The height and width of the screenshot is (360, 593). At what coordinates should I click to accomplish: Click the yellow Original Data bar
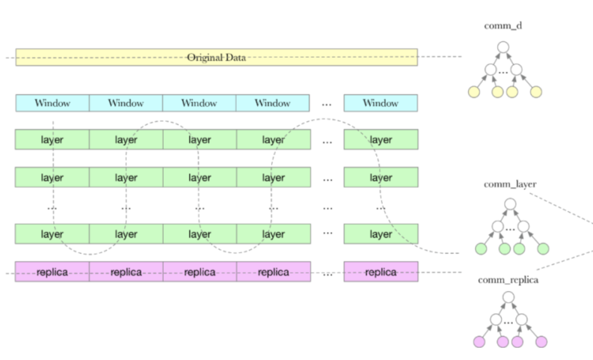coord(216,57)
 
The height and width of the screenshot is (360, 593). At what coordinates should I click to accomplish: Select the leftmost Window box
coord(52,103)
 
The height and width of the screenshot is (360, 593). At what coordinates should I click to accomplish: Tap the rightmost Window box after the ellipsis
coord(381,103)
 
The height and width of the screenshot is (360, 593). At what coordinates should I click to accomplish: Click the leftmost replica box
coord(52,272)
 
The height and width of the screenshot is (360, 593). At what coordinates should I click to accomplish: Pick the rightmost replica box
coord(381,272)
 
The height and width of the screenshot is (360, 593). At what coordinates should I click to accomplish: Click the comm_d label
coord(503,26)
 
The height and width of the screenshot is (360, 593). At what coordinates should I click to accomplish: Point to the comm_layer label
coord(510,184)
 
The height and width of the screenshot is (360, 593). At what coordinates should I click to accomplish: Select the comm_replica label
coord(508,280)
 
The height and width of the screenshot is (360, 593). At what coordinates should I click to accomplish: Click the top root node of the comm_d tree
coord(503,47)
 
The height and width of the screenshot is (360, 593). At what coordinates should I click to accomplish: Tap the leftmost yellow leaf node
coord(474,92)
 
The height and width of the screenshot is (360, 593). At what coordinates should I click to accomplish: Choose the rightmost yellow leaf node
coord(536,92)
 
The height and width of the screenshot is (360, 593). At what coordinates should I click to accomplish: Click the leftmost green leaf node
coord(480,249)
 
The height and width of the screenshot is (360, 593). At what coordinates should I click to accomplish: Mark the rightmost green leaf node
coord(543,249)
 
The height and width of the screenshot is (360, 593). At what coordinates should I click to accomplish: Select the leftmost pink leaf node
coord(479,342)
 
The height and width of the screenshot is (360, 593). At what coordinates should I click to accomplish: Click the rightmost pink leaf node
coord(541,342)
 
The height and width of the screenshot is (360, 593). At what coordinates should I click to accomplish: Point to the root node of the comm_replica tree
coord(508,297)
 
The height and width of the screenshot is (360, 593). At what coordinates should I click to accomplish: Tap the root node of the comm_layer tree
coord(510,204)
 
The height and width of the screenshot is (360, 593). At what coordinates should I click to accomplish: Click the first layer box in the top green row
coord(52,139)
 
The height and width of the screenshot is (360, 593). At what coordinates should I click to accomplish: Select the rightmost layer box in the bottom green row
coord(381,234)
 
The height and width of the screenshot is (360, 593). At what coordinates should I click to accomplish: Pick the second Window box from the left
coord(126,103)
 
